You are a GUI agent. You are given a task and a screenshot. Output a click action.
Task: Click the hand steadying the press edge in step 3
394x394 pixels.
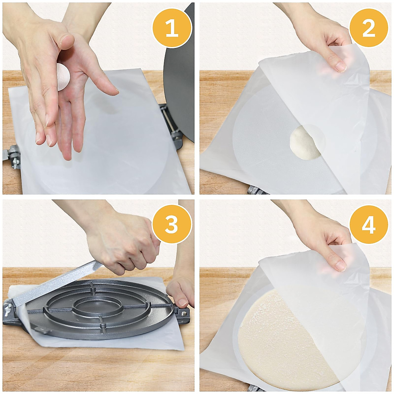pos(180,293)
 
